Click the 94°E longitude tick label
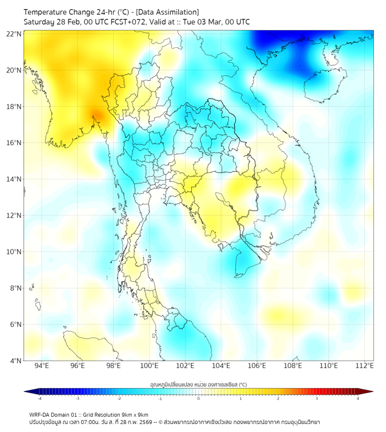[x=42, y=366]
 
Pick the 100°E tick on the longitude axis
[x=149, y=366]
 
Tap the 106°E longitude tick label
[x=257, y=366]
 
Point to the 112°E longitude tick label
[x=364, y=366]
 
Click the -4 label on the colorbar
[x=39, y=398]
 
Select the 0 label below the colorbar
[x=199, y=398]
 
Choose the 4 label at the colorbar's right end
[x=357, y=398]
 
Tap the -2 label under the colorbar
[x=119, y=398]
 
